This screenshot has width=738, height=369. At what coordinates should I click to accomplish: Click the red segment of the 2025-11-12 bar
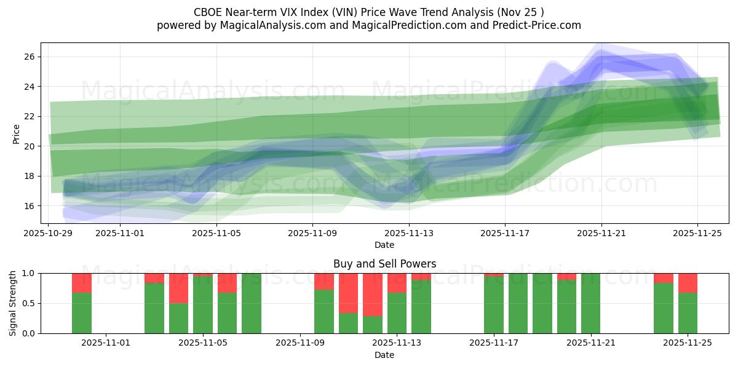tap(372, 295)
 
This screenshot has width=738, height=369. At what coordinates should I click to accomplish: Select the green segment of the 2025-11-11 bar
tap(348, 323)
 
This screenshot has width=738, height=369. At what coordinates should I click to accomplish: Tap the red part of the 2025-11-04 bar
tap(178, 288)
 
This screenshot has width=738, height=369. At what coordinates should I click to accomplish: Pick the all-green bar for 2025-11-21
tap(590, 303)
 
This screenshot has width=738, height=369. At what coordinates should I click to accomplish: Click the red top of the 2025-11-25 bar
tap(688, 283)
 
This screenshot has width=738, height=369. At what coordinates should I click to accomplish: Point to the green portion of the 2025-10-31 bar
tap(82, 313)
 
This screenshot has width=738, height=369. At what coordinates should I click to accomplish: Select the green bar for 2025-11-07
tap(251, 303)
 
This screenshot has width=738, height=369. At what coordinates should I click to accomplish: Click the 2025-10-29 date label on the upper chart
tap(49, 233)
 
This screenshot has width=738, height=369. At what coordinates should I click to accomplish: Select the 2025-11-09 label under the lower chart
tap(300, 343)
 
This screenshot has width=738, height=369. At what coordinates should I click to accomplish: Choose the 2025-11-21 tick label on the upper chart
tap(601, 233)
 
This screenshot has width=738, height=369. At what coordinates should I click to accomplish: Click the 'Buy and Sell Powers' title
tap(384, 264)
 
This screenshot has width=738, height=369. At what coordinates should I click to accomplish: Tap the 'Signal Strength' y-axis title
tap(13, 303)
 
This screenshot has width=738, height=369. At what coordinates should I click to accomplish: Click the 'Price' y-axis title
tap(16, 133)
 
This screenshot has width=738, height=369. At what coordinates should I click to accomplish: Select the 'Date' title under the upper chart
tap(384, 245)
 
